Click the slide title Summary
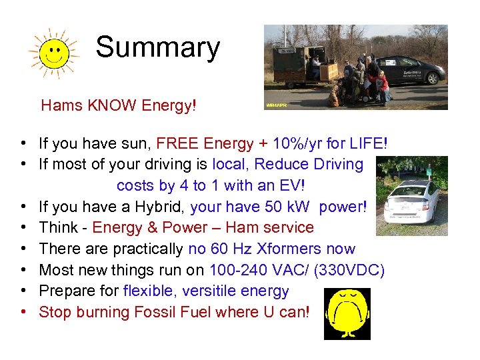[x=157, y=48]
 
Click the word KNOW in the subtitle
[x=108, y=105]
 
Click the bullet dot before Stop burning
[x=23, y=312]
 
